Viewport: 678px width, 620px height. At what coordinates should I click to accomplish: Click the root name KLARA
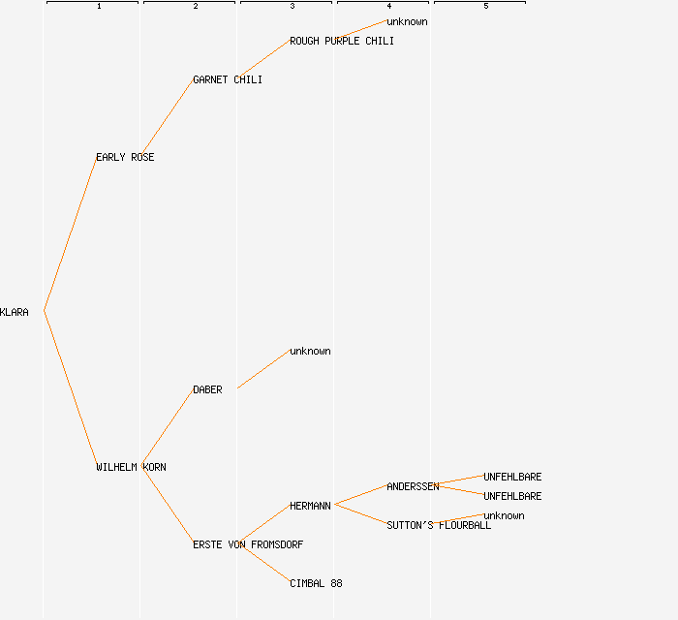tap(15, 313)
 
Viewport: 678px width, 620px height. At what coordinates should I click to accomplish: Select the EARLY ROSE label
tap(125, 158)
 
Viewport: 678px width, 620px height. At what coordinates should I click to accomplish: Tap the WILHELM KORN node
tap(131, 468)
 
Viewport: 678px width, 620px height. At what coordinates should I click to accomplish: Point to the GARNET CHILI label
tap(228, 80)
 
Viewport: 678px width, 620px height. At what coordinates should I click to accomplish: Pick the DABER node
tap(207, 390)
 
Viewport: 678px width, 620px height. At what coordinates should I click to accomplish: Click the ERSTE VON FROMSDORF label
tap(248, 545)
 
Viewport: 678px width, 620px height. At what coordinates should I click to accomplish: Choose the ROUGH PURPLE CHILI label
tap(342, 42)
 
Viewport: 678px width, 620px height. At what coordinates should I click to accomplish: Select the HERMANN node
tap(310, 507)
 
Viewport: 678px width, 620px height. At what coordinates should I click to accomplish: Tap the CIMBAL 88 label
tap(316, 584)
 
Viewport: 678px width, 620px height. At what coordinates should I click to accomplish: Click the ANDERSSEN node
tap(413, 487)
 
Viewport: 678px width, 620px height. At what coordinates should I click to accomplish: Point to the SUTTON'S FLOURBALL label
tap(439, 526)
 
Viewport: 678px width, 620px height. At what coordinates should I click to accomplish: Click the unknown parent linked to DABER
tap(310, 352)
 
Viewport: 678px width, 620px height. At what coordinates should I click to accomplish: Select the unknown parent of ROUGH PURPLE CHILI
tap(407, 22)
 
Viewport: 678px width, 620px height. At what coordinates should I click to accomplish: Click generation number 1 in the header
tap(99, 7)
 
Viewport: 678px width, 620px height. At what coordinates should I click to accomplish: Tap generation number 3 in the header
tap(293, 7)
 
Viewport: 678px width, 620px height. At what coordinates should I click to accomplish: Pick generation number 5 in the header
tap(486, 7)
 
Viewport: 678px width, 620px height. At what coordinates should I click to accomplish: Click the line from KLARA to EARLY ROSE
tap(70, 234)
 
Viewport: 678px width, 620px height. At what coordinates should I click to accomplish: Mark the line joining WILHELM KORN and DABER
tap(167, 427)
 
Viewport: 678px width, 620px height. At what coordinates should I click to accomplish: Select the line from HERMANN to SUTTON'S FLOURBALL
tap(360, 514)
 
